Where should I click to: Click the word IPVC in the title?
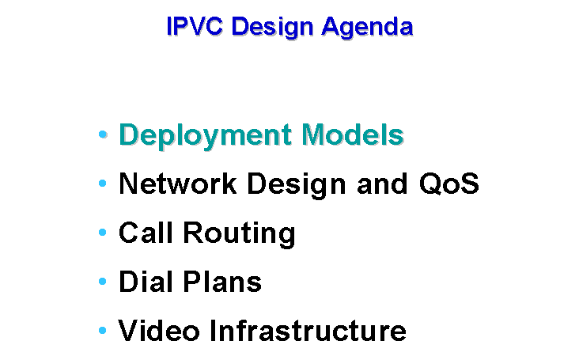pos(195,26)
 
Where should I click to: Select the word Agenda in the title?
pos(367,28)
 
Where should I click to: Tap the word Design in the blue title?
pos(273,28)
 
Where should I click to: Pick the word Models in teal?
pos(353,134)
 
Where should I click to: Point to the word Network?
pos(178,183)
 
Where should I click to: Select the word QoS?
pos(449,183)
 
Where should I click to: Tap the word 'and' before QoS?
pos(382,183)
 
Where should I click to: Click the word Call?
pos(146,233)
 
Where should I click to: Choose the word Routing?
pos(240,233)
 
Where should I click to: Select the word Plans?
pos(222,282)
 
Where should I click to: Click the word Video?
pos(159,331)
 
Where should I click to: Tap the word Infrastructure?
pos(308,331)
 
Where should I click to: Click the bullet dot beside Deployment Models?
pos(103,134)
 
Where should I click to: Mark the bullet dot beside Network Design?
pos(103,183)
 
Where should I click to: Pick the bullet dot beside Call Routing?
pos(103,233)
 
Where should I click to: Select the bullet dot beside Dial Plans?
pos(103,282)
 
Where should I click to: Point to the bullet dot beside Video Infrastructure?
pos(103,331)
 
